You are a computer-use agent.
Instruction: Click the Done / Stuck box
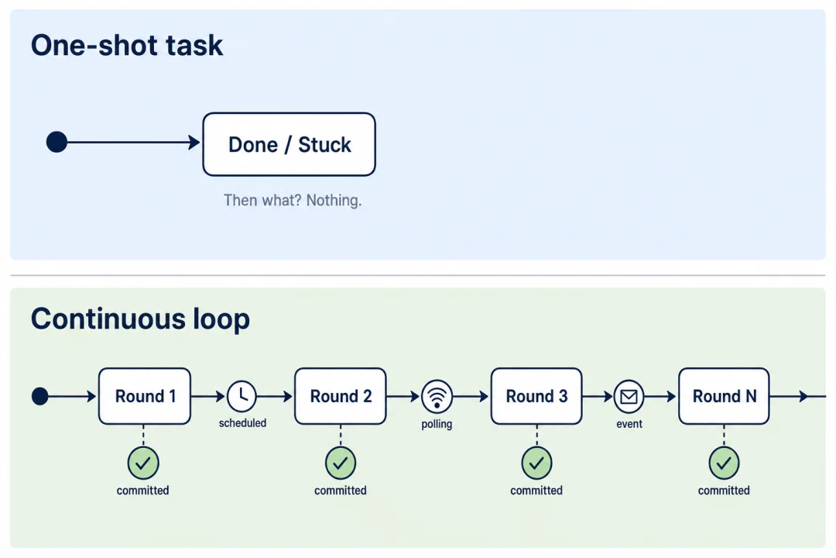tap(289, 144)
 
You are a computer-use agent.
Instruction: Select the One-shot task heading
tap(127, 45)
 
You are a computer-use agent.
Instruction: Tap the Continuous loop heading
tap(140, 319)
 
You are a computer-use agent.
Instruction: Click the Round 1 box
tap(145, 396)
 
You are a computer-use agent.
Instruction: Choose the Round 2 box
tap(340, 396)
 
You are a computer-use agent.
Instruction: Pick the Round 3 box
tap(536, 396)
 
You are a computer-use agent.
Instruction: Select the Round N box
tap(724, 396)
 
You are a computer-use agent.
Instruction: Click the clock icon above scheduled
tap(242, 396)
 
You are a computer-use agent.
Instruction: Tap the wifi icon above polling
tap(437, 397)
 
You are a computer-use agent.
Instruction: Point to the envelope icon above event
tap(629, 397)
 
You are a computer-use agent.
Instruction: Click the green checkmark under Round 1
tap(143, 463)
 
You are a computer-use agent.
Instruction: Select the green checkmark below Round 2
tap(341, 463)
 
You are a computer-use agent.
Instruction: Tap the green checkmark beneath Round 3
tap(537, 463)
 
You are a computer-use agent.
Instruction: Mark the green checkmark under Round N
tap(724, 463)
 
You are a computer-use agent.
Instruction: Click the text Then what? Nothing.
tap(293, 200)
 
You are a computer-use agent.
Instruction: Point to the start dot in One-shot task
tap(57, 142)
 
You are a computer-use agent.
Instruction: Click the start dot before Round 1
tap(40, 396)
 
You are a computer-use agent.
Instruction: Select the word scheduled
tap(242, 423)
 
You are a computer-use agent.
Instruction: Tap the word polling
tap(437, 425)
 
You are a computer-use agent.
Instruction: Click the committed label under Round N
tap(724, 490)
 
